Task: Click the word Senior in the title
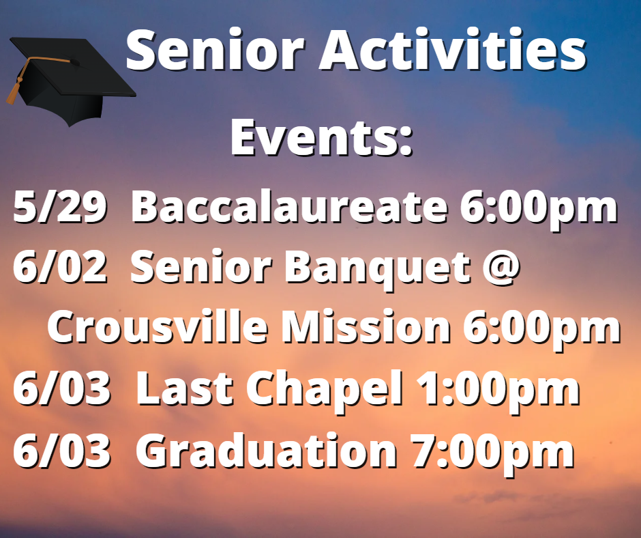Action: coord(215,50)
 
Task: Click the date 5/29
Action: coord(60,207)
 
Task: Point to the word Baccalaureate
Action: coord(289,206)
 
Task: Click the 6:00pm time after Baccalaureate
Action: coord(539,210)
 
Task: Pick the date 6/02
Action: coord(60,267)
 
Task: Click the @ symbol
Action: coord(501,268)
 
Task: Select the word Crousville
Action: coord(158,326)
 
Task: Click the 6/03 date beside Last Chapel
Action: coord(62,388)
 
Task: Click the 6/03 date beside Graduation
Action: coord(62,451)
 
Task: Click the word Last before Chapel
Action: coord(184,388)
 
